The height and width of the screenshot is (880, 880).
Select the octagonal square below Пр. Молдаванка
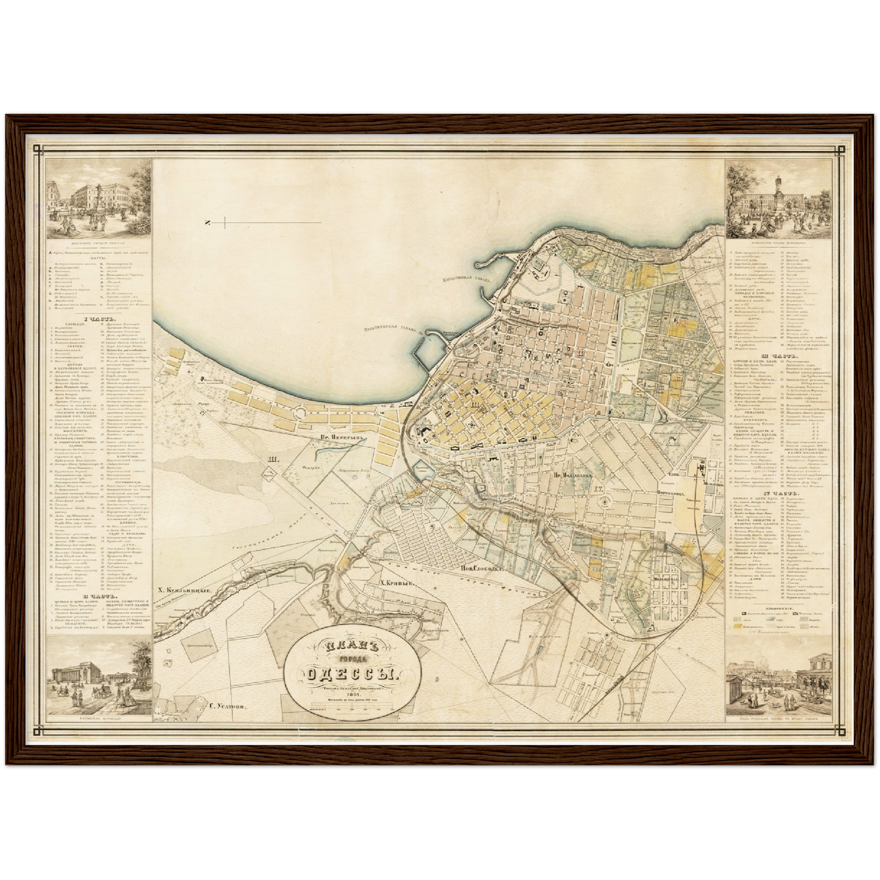click(604, 501)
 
